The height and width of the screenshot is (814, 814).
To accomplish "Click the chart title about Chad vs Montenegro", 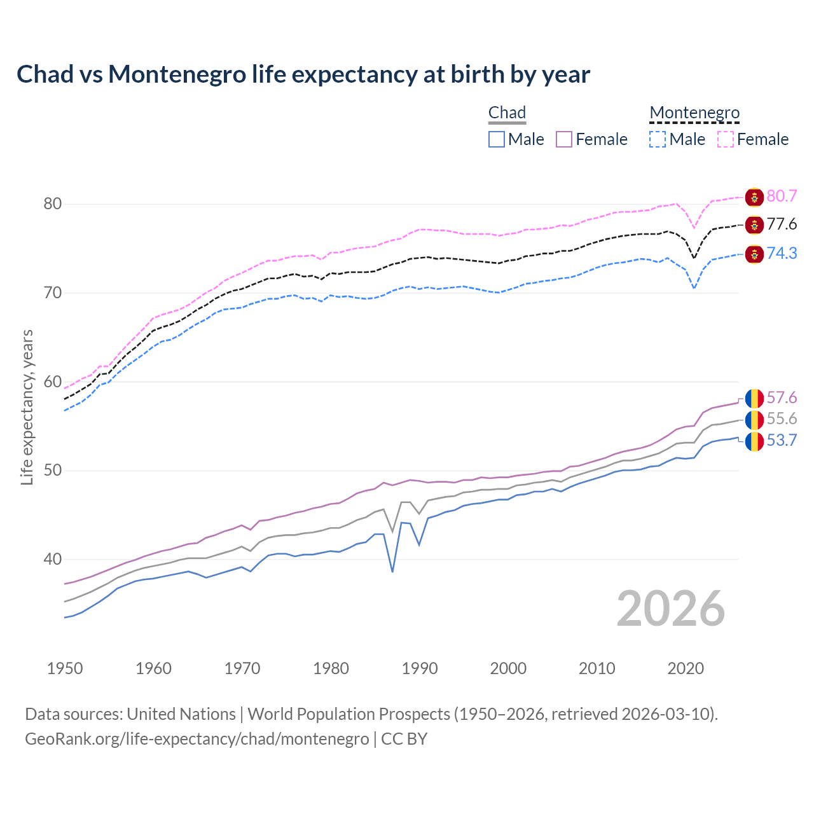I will pyautogui.click(x=303, y=74).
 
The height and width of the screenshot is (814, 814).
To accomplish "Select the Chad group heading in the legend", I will pyautogui.click(x=507, y=113).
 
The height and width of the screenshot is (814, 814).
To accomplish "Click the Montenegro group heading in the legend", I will pyautogui.click(x=694, y=113).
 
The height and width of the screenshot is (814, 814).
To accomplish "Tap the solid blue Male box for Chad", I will pyautogui.click(x=497, y=139).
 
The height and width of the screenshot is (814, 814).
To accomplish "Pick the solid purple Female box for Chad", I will pyautogui.click(x=564, y=139).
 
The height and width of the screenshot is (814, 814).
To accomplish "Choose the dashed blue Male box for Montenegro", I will pyautogui.click(x=658, y=139).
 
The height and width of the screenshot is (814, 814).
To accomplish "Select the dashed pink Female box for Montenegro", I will pyautogui.click(x=726, y=139).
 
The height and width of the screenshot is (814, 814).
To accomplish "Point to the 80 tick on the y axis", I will pyautogui.click(x=52, y=204).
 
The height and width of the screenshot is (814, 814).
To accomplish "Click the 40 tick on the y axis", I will pyautogui.click(x=52, y=560).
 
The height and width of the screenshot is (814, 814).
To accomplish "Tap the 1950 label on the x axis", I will pyautogui.click(x=65, y=668).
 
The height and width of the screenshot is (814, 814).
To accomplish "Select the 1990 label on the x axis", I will pyautogui.click(x=420, y=668).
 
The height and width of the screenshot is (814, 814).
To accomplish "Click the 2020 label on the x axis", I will pyautogui.click(x=686, y=668).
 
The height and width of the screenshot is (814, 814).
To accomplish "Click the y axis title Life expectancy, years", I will pyautogui.click(x=27, y=407).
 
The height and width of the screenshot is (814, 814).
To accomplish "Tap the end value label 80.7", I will pyautogui.click(x=782, y=196).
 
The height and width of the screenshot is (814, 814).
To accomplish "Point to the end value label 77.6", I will pyautogui.click(x=782, y=224).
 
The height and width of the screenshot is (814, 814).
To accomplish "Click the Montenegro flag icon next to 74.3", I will pyautogui.click(x=754, y=254).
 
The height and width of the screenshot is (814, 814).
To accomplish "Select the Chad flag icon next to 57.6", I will pyautogui.click(x=754, y=398).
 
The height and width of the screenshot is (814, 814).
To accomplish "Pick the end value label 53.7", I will pyautogui.click(x=782, y=441).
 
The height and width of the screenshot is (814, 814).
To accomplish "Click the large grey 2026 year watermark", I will pyautogui.click(x=670, y=609).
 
